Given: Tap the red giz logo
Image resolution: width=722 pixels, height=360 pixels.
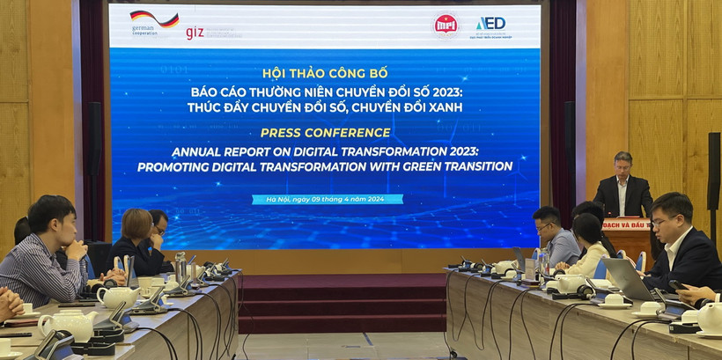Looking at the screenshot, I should coord(195,33).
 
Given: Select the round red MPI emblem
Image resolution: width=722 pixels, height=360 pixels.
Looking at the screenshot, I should coord(445,25).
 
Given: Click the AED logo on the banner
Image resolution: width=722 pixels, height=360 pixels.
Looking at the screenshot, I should coord(490,25).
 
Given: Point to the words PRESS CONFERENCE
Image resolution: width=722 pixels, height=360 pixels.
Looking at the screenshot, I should coord(326,133).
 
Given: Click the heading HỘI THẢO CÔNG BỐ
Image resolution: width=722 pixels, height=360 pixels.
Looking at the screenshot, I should coord(325,73).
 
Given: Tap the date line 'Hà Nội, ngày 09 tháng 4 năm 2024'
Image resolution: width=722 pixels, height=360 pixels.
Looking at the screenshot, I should coord(327,200).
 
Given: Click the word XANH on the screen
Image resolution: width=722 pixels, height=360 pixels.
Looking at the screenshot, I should coord(443,107).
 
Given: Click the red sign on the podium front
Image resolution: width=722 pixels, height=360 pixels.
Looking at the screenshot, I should coord(627,224).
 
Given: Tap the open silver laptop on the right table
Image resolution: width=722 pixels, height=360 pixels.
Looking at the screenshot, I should coord(628,280).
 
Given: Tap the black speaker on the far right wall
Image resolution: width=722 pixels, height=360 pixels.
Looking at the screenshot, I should coord(713,172).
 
